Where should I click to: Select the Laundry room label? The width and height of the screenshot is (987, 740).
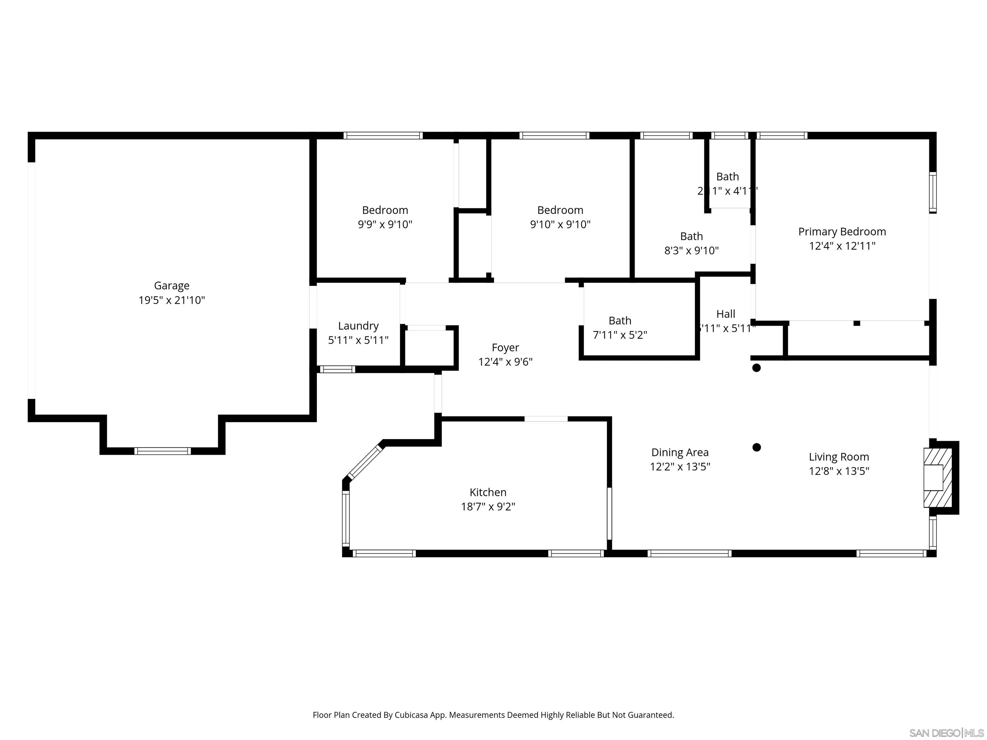tap(358, 326)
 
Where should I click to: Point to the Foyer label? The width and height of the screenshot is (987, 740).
tap(505, 348)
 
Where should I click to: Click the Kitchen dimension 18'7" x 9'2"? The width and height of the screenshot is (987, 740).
tap(488, 507)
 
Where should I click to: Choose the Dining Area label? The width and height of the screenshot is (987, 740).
tap(680, 452)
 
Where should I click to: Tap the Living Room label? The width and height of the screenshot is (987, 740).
tap(839, 457)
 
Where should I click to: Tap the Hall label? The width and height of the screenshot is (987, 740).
tap(725, 314)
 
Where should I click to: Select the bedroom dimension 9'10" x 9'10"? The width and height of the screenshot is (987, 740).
tap(560, 225)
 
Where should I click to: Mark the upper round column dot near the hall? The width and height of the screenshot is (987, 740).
tap(756, 368)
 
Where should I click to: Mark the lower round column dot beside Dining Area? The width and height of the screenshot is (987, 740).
tap(756, 447)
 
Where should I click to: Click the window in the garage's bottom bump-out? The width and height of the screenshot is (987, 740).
tap(163, 451)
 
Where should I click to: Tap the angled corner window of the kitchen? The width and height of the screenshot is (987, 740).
tap(365, 462)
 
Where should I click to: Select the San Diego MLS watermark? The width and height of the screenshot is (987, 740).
tap(946, 733)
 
